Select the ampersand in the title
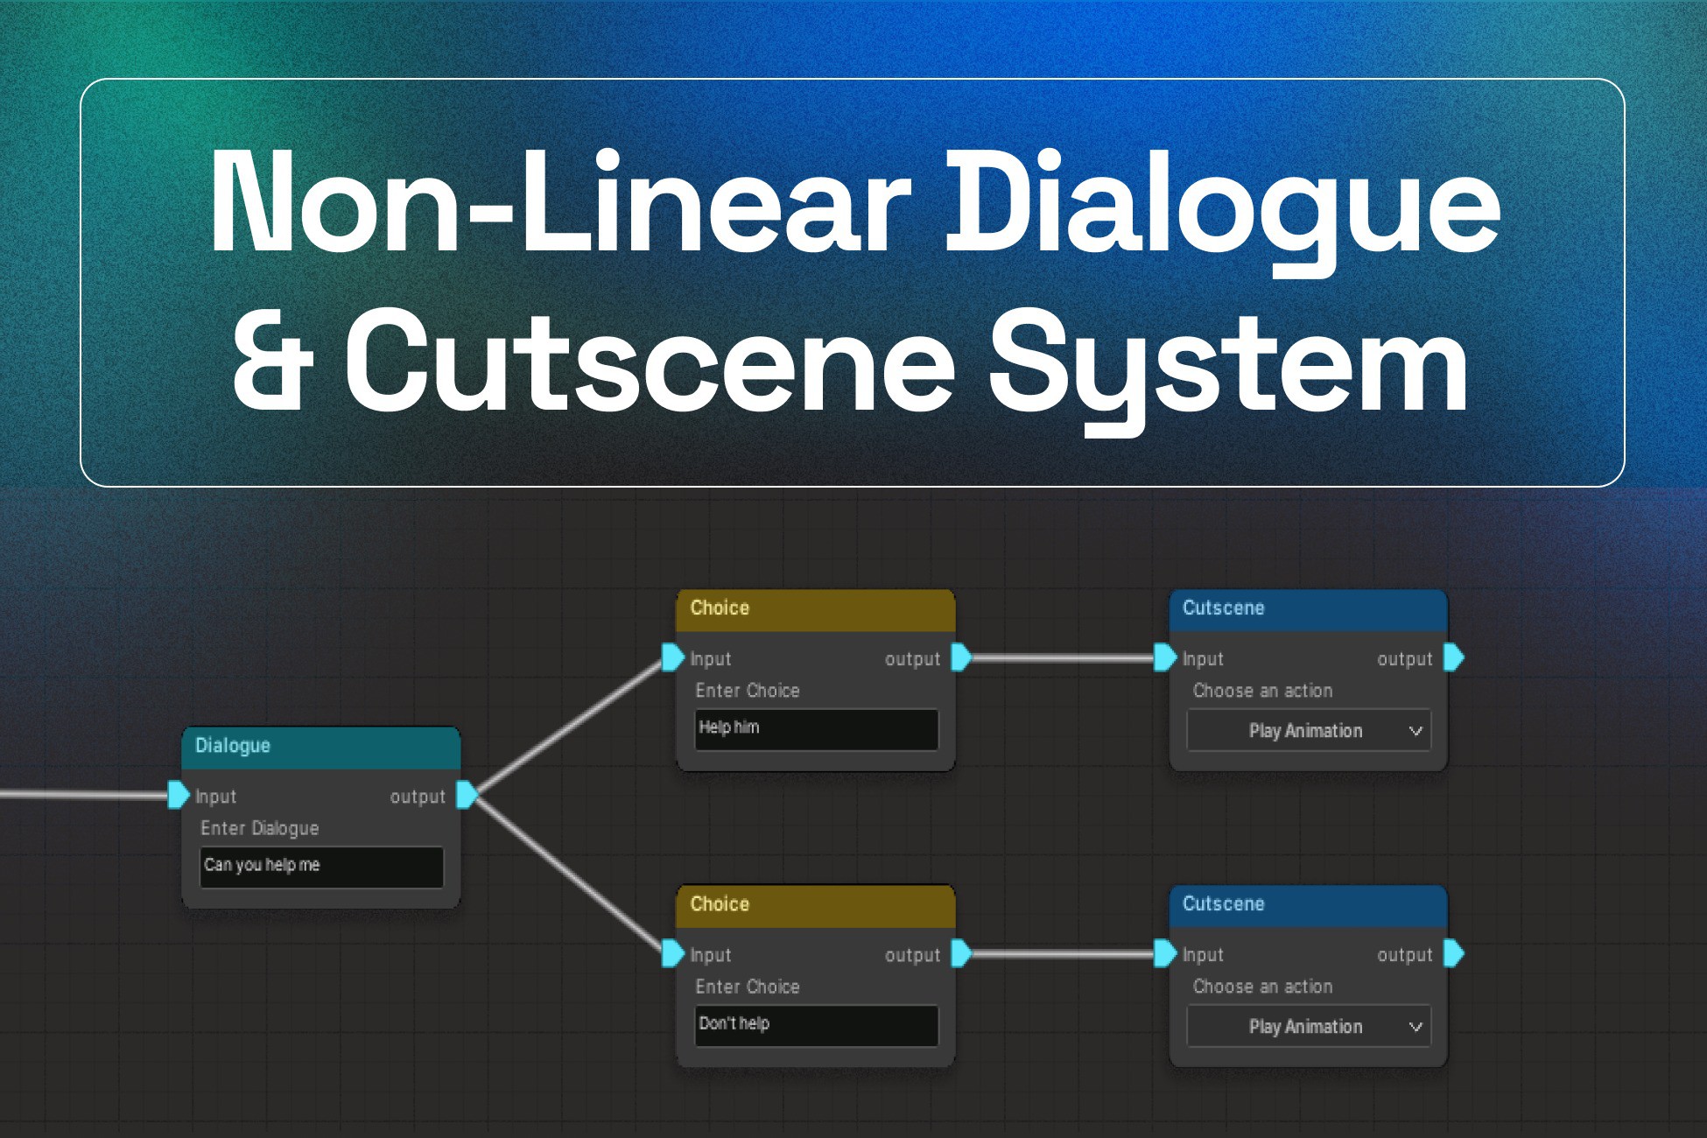(x=272, y=361)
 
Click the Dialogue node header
(x=320, y=747)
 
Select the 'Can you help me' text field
(x=321, y=867)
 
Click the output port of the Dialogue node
(x=467, y=795)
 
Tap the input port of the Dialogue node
(x=179, y=795)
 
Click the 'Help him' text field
(x=816, y=729)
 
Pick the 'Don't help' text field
(x=816, y=1025)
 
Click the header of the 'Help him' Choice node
(x=815, y=609)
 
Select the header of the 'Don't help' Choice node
(x=815, y=905)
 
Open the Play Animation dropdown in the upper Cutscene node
(x=1309, y=731)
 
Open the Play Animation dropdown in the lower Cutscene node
(x=1309, y=1027)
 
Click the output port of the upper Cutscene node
(x=1453, y=657)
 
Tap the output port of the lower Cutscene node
(x=1453, y=952)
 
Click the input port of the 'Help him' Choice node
(x=672, y=657)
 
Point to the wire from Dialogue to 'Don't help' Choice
(x=570, y=875)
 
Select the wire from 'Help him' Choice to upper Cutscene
(x=1064, y=657)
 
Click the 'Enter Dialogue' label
(x=260, y=828)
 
